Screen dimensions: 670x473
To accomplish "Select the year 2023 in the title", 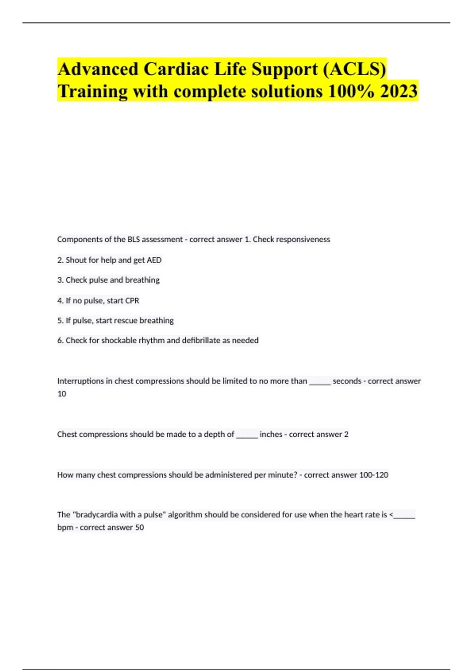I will point(399,91).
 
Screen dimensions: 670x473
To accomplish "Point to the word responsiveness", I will point(305,239).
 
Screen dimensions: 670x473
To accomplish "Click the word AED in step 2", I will point(154,260).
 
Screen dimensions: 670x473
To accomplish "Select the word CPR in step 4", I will point(132,301).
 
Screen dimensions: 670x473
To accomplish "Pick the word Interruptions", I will point(80,381).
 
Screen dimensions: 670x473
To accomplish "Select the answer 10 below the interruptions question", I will point(62,394).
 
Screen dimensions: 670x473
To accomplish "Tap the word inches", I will point(271,434).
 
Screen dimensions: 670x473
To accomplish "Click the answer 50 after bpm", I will point(140,527).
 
